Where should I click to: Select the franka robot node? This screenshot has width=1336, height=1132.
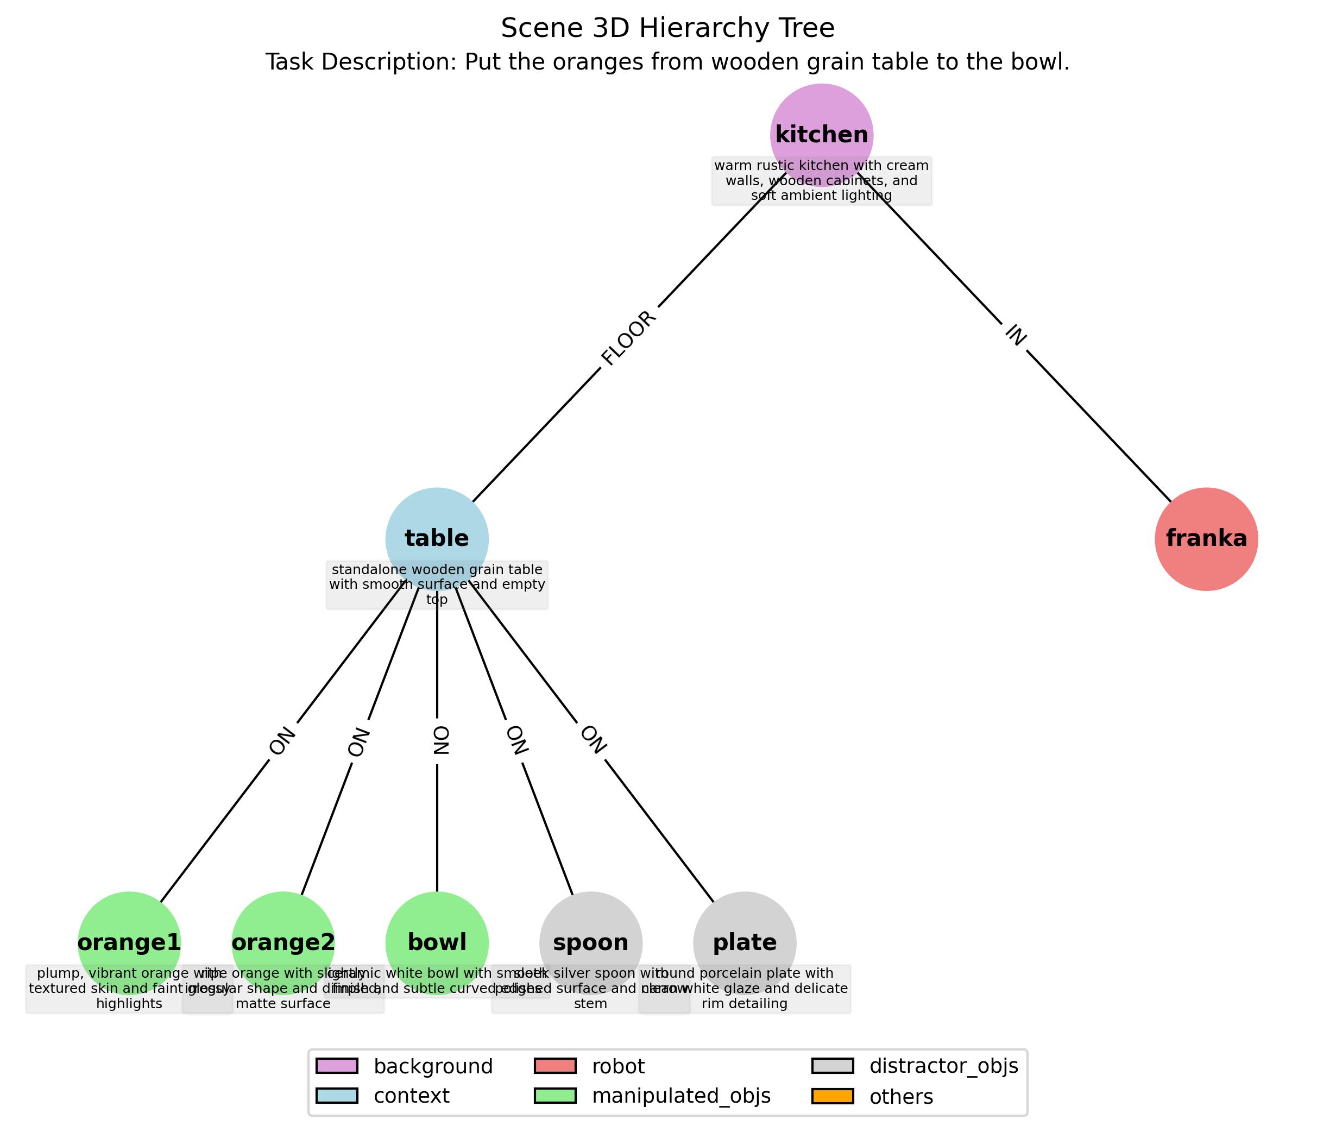(x=1206, y=538)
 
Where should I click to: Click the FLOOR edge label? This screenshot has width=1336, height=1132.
(x=629, y=338)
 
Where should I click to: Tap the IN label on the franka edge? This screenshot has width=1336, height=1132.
(x=1015, y=335)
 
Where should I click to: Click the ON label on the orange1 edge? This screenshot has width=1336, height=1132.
(x=282, y=741)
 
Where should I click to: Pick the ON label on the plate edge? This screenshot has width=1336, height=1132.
(x=593, y=740)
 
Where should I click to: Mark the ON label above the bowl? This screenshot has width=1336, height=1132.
(x=440, y=740)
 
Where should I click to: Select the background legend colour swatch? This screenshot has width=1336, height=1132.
(x=336, y=1066)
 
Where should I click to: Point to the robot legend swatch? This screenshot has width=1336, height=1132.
(x=554, y=1066)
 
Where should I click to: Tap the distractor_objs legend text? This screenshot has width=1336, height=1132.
(x=943, y=1066)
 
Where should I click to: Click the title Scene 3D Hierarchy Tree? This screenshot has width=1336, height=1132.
(x=667, y=28)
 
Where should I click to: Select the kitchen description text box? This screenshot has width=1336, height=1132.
(x=821, y=181)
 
